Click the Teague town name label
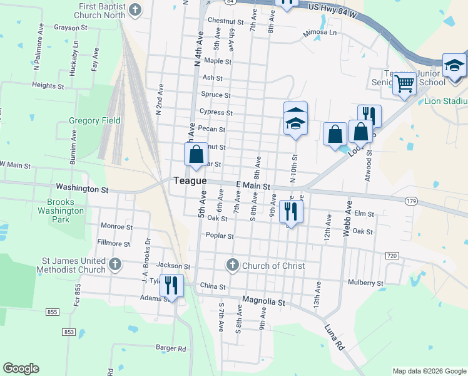pyautogui.click(x=190, y=180)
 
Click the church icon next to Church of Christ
pyautogui.click(x=233, y=265)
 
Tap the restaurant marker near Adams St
pyautogui.click(x=171, y=285)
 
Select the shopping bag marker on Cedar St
pyautogui.click(x=196, y=154)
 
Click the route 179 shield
pyautogui.click(x=410, y=201)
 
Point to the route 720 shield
pyautogui.click(x=392, y=256)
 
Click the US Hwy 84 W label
pyautogui.click(x=333, y=13)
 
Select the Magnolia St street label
pyautogui.click(x=263, y=301)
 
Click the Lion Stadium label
pyautogui.click(x=446, y=101)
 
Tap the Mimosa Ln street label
pyautogui.click(x=320, y=33)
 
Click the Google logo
pyautogui.click(x=21, y=368)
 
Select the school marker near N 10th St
pyautogui.click(x=296, y=120)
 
